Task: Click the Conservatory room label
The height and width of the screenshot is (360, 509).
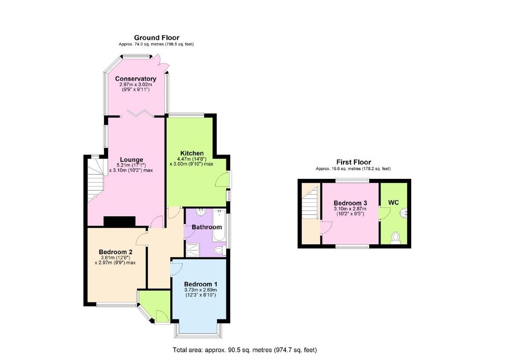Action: coord(136,79)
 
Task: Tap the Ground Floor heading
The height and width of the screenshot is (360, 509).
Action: coord(156,37)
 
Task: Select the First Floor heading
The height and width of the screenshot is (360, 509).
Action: coord(353,162)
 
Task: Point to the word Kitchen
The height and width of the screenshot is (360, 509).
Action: coord(192,153)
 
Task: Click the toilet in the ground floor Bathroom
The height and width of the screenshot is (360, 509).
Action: coord(218,250)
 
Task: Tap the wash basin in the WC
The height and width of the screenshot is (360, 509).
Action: coord(404,213)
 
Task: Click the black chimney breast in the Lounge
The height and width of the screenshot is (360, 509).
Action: coord(119,221)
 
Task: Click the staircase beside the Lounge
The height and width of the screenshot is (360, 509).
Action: coord(95,177)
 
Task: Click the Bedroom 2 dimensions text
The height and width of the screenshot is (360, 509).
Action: coord(115,260)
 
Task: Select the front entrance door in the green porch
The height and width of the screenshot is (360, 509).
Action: coord(161,317)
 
